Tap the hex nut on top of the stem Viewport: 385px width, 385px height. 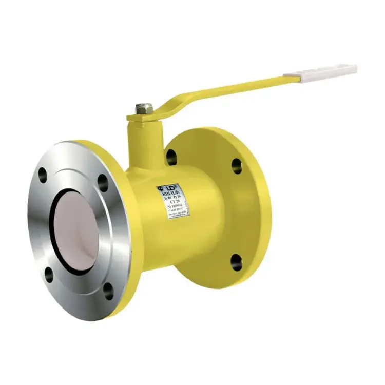click(144, 108)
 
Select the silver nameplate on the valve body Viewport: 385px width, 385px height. click(173, 200)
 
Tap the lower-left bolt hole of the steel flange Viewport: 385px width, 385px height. click(49, 275)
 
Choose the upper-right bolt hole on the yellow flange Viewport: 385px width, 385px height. click(237, 165)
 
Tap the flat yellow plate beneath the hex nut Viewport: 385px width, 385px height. click(141, 118)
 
